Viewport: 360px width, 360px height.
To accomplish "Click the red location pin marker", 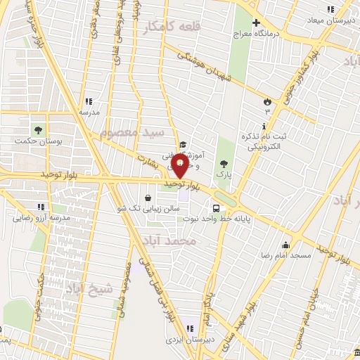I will coord(181,167).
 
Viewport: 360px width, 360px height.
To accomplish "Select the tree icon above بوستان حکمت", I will coord(37,129).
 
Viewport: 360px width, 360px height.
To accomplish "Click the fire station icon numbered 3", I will coord(266,101).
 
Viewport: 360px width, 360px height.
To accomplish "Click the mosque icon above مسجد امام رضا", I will coord(285,245).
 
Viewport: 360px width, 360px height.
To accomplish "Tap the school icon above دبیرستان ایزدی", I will coord(189,328).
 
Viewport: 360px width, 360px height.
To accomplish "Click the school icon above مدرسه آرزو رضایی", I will coord(41,207).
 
